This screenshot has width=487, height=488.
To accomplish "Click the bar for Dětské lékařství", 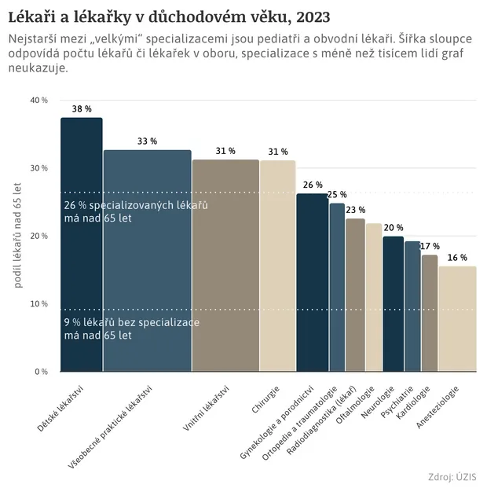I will (82, 244).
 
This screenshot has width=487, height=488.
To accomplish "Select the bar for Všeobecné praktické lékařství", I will (147, 259).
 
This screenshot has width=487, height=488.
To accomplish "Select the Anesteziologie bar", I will (457, 318).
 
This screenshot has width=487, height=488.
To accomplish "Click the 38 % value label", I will (81, 108).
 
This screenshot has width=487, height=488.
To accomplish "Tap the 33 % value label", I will (147, 141).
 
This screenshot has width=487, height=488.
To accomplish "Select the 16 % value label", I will (457, 257).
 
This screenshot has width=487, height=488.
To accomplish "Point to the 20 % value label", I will (394, 227).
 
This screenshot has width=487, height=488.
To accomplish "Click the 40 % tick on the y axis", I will (39, 101).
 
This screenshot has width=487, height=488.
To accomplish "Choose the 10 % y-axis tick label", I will (39, 303).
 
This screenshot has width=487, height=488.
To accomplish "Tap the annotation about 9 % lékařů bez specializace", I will (130, 328).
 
